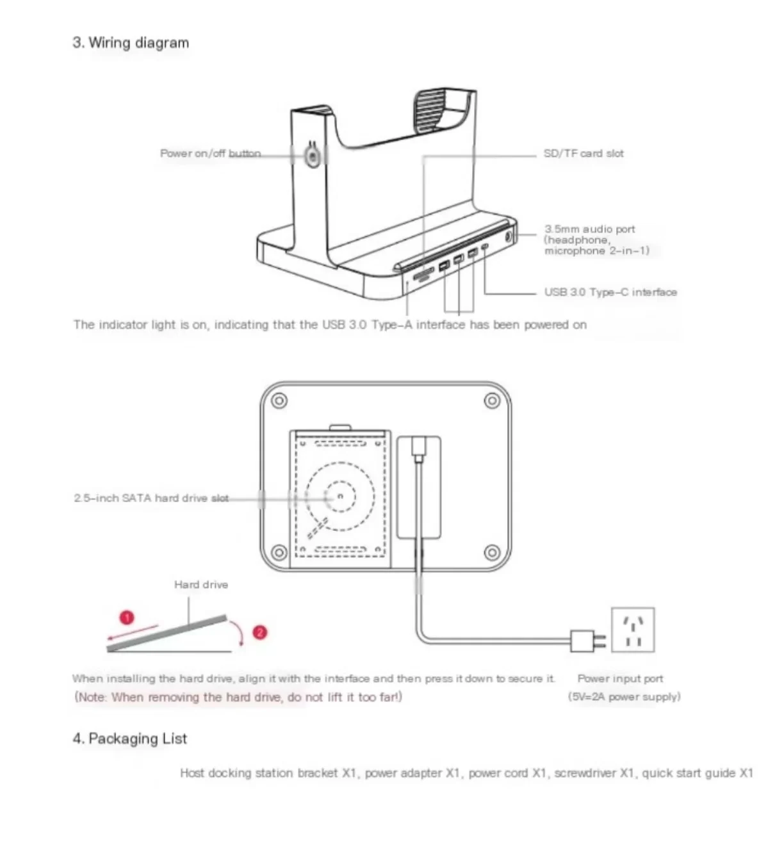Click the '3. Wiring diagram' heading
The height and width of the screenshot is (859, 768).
(131, 43)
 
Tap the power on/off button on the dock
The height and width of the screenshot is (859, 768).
(312, 156)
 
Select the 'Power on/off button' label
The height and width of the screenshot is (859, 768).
(210, 154)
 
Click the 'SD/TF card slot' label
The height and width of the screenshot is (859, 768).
(583, 154)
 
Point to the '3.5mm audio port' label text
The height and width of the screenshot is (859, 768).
(590, 229)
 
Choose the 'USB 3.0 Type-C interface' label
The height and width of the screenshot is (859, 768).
(610, 292)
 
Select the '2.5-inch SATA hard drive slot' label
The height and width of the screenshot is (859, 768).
(151, 498)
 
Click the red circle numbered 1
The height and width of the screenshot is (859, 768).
(127, 618)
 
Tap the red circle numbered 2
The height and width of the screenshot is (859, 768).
(259, 632)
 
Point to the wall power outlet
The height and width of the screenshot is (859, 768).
(633, 630)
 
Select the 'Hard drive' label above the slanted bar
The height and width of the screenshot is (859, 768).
(200, 585)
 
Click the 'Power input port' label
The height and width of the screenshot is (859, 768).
(620, 678)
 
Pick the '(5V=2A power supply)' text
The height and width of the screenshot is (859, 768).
(624, 696)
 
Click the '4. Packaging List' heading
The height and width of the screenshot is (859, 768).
(129, 739)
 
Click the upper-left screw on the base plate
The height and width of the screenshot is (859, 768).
(279, 401)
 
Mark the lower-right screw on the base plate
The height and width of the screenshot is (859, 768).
(491, 552)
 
